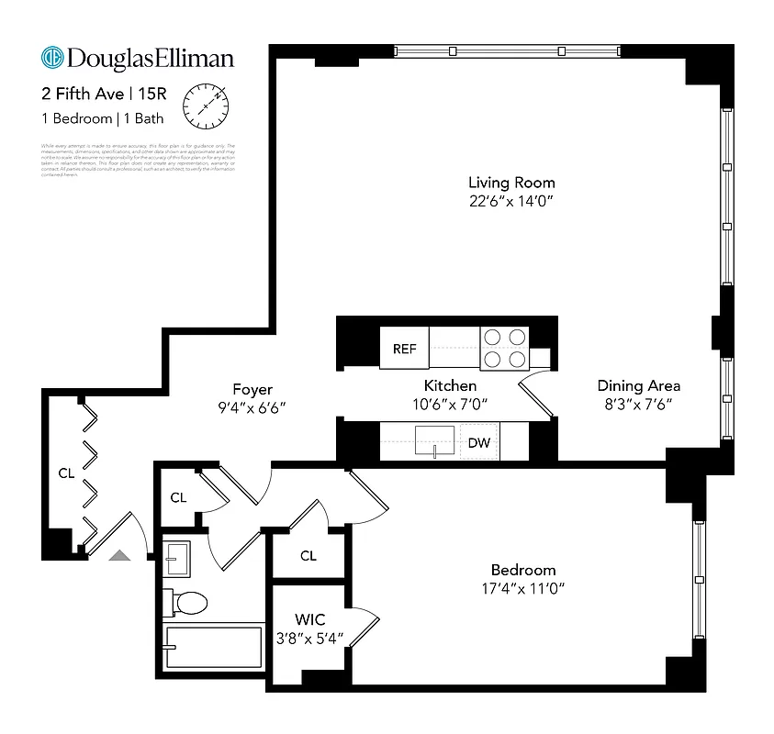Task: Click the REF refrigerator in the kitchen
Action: click(x=404, y=349)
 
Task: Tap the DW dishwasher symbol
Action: click(x=478, y=443)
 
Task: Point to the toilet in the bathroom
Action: click(x=187, y=603)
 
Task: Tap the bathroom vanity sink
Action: click(x=177, y=557)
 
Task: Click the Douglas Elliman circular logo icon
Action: click(x=52, y=58)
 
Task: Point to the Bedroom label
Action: click(x=522, y=570)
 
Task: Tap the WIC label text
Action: click(x=309, y=619)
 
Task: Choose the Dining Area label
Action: click(x=638, y=385)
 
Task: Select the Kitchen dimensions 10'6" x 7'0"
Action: click(x=449, y=404)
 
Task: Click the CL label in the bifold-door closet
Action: click(x=66, y=473)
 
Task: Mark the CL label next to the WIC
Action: click(x=308, y=556)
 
